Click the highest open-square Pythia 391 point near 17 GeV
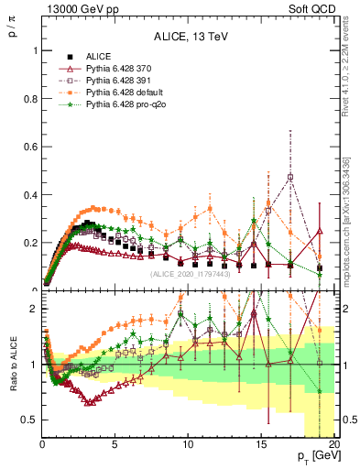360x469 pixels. click(290, 176)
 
